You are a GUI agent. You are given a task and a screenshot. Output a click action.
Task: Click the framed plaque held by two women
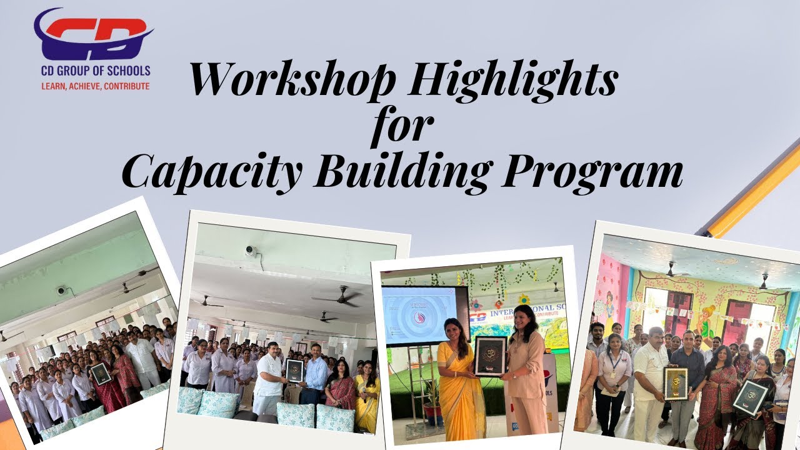point(490,356)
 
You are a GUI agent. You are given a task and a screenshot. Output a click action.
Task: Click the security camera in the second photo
point(251,251)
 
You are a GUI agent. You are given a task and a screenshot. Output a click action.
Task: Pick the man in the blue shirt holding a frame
point(316,375)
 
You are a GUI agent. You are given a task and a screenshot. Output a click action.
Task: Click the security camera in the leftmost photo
point(61,290)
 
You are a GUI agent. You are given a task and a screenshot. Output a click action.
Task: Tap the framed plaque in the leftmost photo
point(101,373)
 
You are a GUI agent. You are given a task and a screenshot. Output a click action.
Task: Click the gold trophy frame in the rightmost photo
point(675,382)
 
